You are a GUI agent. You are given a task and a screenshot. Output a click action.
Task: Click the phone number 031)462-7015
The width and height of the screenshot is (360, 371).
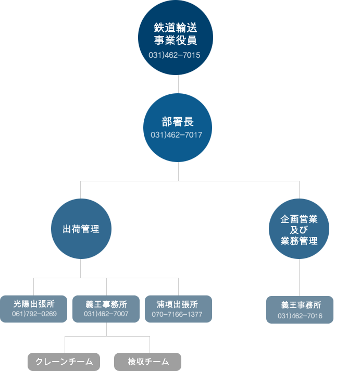[175, 55]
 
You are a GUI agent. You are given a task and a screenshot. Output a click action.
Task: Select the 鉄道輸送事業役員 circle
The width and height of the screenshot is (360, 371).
[176, 38]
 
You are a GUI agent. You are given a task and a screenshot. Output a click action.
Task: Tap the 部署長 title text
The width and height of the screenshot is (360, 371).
[178, 122]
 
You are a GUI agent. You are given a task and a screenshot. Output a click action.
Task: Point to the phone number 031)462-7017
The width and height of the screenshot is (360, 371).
[177, 135]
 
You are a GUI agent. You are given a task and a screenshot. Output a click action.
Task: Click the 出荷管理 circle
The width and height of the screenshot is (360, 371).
[81, 229]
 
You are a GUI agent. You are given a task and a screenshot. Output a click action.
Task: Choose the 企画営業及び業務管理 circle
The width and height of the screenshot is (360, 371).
[299, 229]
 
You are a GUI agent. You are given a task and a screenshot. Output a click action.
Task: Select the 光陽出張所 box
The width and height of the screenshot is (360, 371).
[33, 309]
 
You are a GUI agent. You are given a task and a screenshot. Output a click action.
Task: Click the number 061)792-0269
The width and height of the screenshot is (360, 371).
[34, 314]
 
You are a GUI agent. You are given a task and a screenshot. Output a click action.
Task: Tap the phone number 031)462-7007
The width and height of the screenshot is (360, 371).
[106, 314]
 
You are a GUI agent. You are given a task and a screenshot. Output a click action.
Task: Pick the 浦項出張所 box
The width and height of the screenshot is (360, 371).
[178, 309]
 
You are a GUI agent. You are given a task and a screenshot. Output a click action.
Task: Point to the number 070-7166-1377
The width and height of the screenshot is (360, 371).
[177, 314]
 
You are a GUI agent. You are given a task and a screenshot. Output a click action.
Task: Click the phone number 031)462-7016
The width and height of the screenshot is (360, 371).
[300, 316]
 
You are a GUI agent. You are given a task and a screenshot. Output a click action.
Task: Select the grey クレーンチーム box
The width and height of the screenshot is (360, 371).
[64, 362]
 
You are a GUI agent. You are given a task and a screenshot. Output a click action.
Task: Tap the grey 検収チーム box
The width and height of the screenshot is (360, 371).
[147, 362]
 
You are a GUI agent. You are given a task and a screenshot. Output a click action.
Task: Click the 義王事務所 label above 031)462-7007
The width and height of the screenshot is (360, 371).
[106, 304]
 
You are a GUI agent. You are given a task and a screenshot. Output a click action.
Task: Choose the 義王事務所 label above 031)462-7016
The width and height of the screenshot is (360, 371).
[301, 305]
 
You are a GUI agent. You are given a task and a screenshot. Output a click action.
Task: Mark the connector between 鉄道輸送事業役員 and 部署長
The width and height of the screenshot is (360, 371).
[178, 84]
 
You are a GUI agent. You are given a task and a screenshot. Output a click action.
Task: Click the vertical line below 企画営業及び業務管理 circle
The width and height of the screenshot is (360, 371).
[299, 277]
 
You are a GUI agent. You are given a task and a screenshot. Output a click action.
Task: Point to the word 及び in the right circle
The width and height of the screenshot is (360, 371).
[299, 230]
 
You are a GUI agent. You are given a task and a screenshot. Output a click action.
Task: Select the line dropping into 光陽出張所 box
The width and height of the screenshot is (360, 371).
[33, 287]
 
